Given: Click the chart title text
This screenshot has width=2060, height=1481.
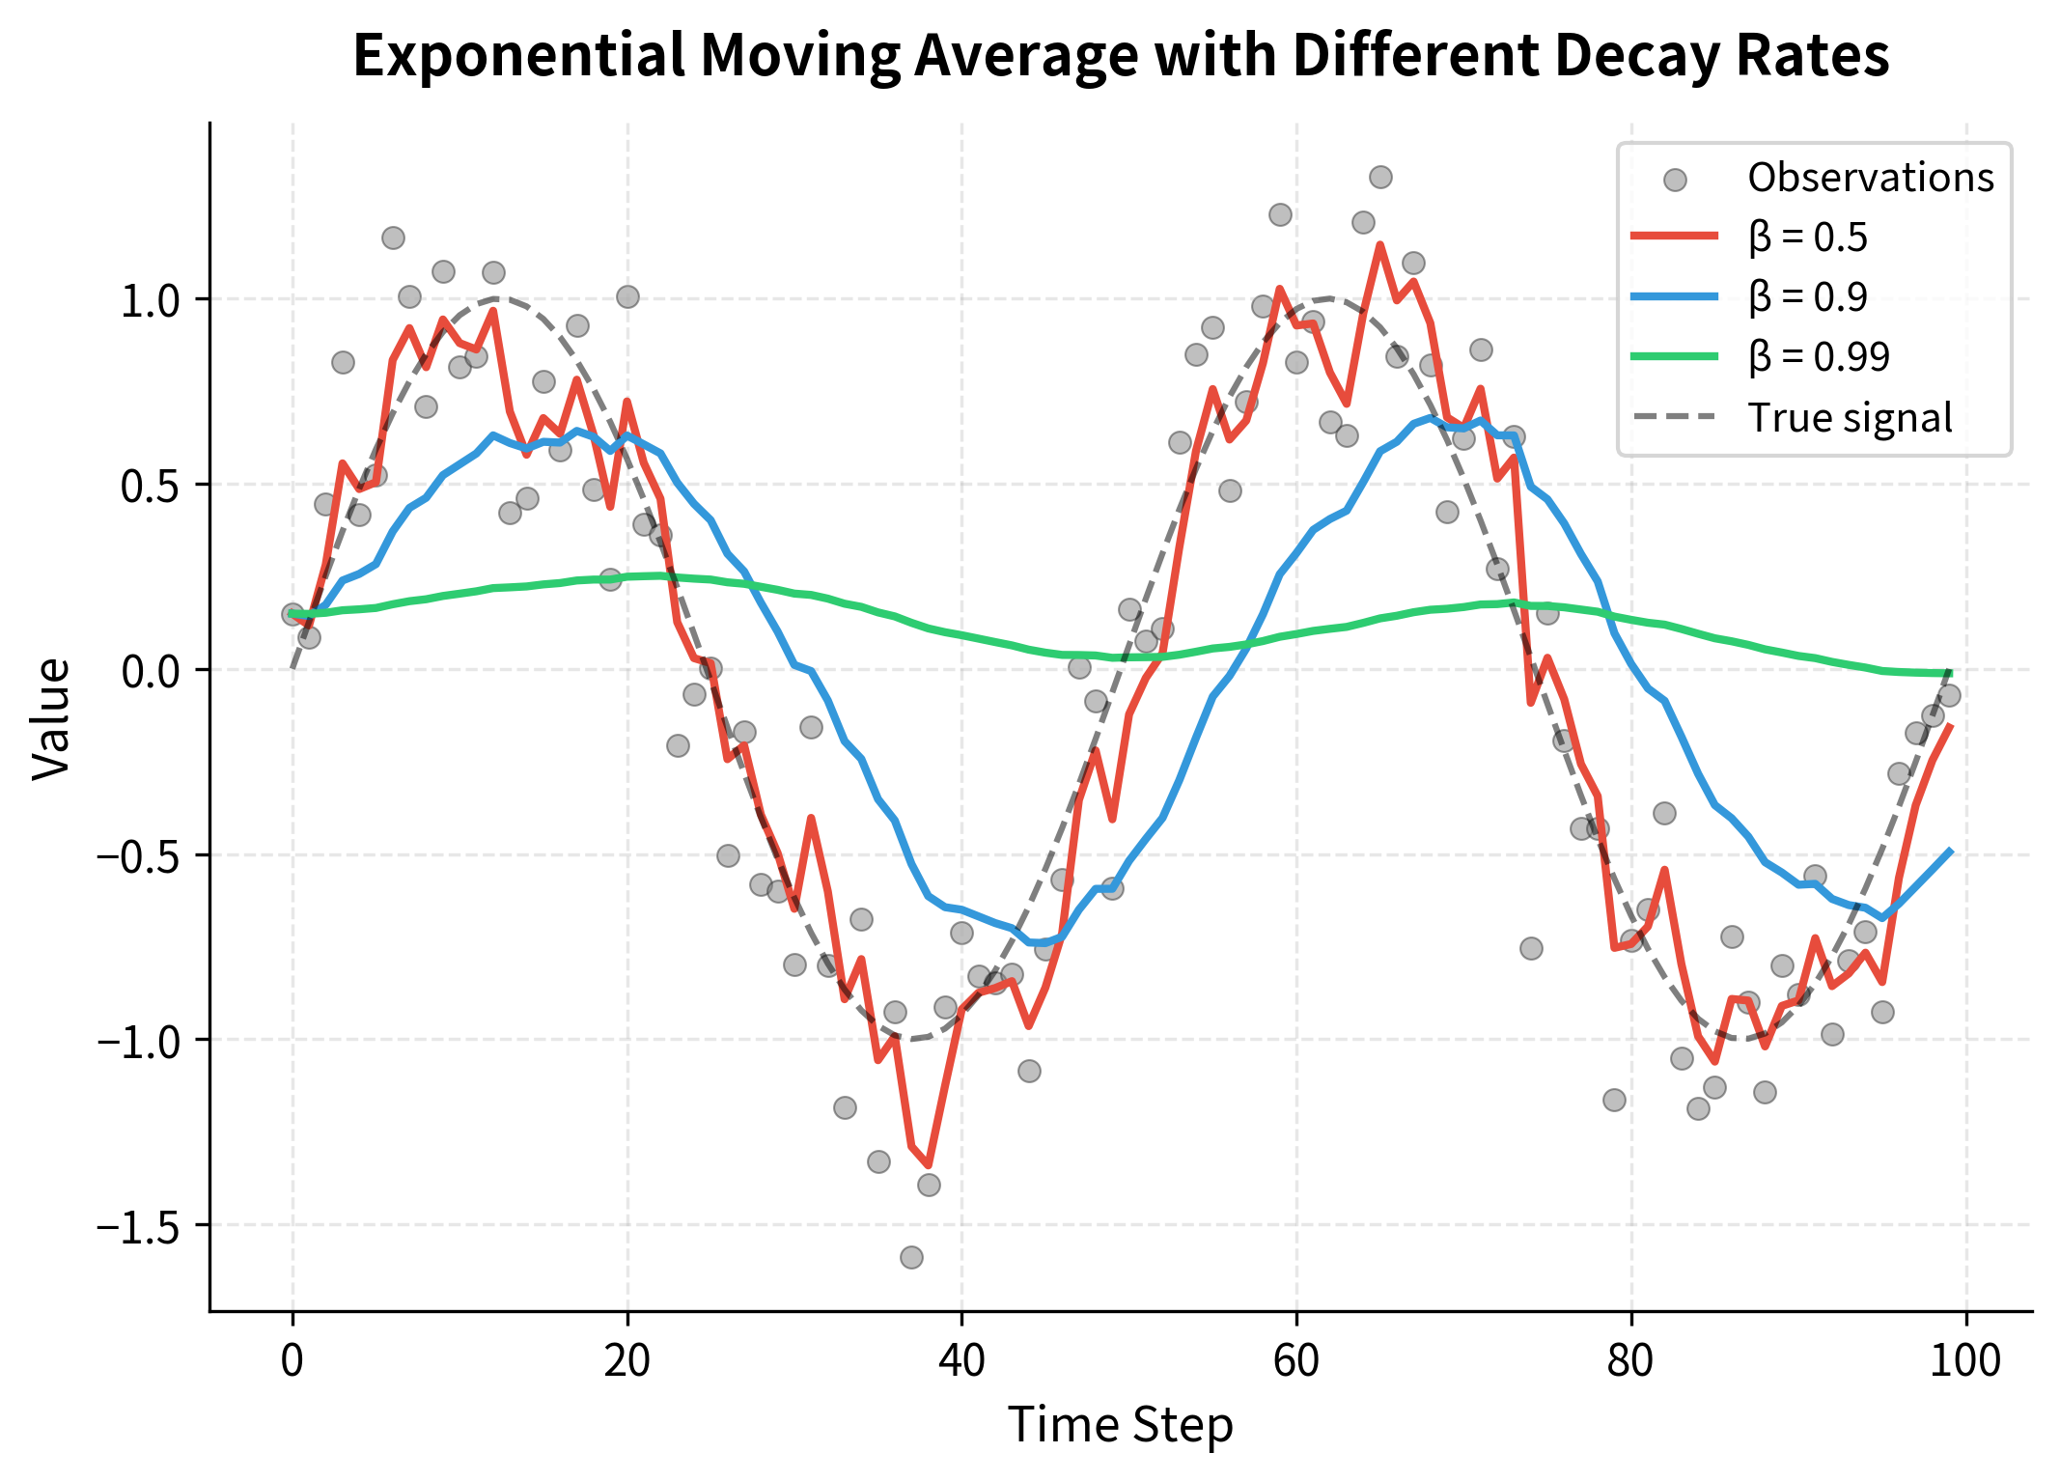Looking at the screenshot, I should pos(1120,55).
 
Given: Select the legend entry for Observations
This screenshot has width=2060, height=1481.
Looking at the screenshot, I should pos(1870,178).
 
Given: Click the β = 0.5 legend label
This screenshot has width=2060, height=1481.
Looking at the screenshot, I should pos(1807,238).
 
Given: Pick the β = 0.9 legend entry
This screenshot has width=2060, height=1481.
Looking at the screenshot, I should pos(1807,297).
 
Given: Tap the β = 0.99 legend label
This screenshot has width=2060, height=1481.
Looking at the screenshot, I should pos(1818,357).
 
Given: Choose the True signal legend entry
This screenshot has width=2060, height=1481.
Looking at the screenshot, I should pos(1850,418).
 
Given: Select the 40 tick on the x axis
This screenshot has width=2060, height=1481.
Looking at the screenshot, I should pos(961,1361).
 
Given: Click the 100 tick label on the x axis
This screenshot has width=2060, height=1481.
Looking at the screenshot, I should pos(1966,1361).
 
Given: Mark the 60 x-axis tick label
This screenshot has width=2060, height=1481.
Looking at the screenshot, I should pos(1296,1361).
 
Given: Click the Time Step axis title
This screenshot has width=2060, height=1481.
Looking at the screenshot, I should pos(1120,1425).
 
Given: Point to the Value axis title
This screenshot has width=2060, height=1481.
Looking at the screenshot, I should pos(51,718).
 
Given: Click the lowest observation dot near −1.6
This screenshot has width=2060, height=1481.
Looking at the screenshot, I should pos(911,1257).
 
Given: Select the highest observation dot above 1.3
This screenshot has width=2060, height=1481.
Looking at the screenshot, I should pos(1380,177).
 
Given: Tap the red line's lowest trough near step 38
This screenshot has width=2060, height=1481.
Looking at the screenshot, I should pos(928,1165).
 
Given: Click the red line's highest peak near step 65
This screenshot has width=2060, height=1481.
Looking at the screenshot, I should pos(1380,245).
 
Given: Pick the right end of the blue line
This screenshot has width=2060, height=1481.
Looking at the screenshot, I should pos(1950,851).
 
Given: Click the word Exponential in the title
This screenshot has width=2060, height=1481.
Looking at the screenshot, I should pos(519,55).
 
